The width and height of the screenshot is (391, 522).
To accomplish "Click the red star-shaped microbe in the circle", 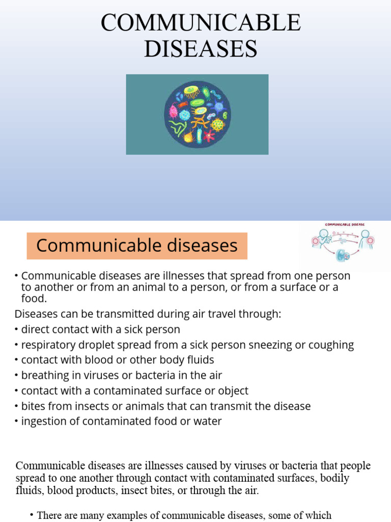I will [x=209, y=135].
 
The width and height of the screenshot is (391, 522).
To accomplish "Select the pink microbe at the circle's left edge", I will [x=173, y=111].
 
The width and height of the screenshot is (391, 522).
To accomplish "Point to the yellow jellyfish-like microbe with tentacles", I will [x=192, y=92].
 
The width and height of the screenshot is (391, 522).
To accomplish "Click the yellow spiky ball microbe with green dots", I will [x=218, y=124].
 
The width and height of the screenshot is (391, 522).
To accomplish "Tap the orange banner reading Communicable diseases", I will [x=137, y=246].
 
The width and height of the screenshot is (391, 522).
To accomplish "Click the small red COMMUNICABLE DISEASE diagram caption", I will [x=345, y=224].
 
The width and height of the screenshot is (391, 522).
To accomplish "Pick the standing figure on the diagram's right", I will [x=365, y=239].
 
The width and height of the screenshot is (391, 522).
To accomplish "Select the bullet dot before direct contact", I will [x=17, y=330].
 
